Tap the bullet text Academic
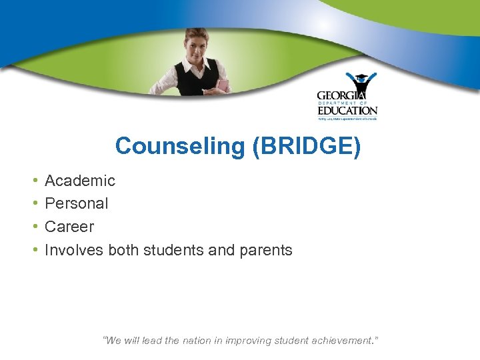[80, 181]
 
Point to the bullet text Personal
[76, 203]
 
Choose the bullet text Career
[69, 227]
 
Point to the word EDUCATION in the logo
[347, 111]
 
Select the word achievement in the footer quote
[339, 341]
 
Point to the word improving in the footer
[254, 341]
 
